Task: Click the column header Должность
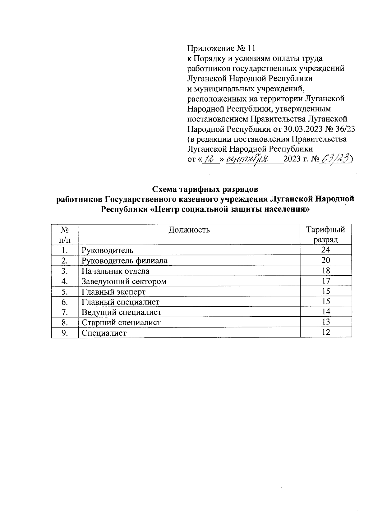[x=189, y=230]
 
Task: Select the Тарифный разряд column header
[x=325, y=234]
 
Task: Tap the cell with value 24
[x=325, y=250]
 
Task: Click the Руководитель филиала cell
[x=124, y=260]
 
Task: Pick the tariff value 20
[x=325, y=260]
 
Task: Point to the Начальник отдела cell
[x=115, y=271]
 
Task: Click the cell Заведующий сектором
[x=124, y=281]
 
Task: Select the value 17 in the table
[x=325, y=281]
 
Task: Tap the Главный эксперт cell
[x=113, y=291]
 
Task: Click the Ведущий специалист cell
[x=121, y=312]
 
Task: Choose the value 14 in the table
[x=325, y=312]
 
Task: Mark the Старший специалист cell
[x=121, y=322]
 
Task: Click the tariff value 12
[x=325, y=332]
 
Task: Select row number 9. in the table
[x=65, y=332]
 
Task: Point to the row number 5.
[x=65, y=291]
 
